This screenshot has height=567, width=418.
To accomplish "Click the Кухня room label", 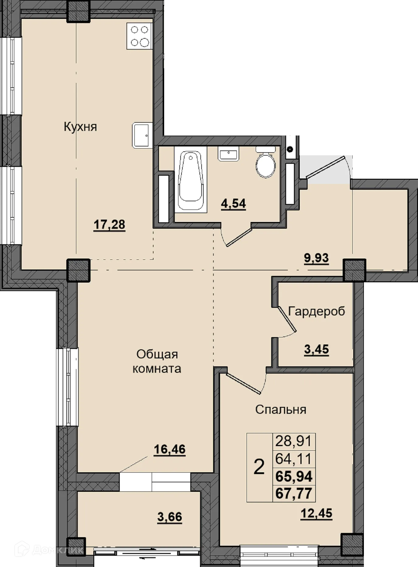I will pyautogui.click(x=80, y=127).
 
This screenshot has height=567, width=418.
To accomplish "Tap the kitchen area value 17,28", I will pyautogui.click(x=109, y=225).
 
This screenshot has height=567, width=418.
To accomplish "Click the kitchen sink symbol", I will pyautogui.click(x=142, y=136).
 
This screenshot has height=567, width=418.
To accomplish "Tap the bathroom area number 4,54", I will pyautogui.click(x=233, y=203).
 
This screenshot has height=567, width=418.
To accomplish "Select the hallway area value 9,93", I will pyautogui.click(x=316, y=258).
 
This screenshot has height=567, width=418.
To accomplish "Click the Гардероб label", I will pyautogui.click(x=316, y=311).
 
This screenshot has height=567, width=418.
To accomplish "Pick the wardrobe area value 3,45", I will pyautogui.click(x=316, y=350).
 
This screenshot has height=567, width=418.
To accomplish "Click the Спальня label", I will pyautogui.click(x=281, y=410).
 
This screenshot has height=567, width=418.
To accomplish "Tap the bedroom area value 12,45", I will pyautogui.click(x=316, y=513).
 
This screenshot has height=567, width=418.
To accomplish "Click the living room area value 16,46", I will pyautogui.click(x=170, y=449).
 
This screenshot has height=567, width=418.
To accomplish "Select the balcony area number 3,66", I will pyautogui.click(x=170, y=517).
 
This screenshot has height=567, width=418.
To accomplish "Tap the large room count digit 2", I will pyautogui.click(x=259, y=467).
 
